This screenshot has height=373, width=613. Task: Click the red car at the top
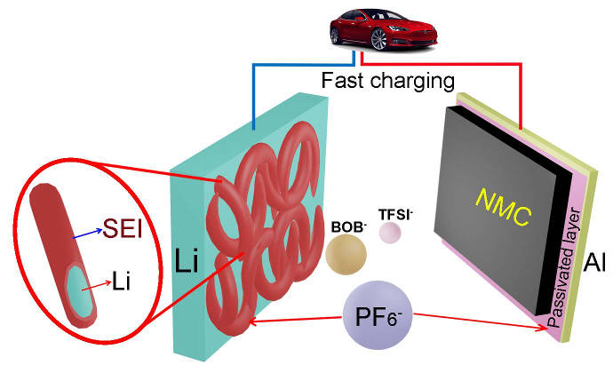click(364, 27)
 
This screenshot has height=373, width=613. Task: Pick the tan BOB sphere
click(346, 253)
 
